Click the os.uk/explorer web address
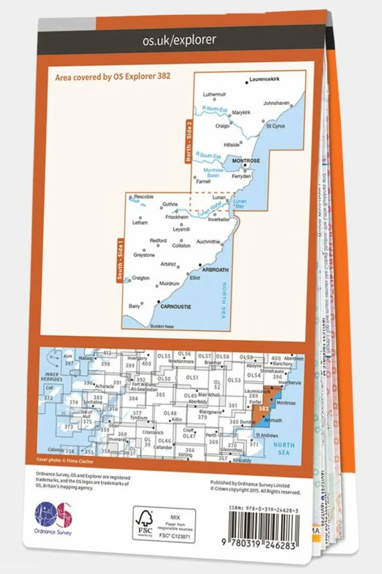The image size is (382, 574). (x=179, y=40)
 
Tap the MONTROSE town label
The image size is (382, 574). (x=246, y=160)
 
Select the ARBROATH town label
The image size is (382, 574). (x=215, y=270)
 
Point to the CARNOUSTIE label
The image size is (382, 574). (x=176, y=307)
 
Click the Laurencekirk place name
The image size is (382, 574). (x=264, y=79)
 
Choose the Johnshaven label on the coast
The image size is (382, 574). (x=276, y=103)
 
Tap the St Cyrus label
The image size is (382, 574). (x=276, y=126)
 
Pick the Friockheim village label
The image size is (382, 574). (x=177, y=217)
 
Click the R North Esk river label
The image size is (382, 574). (x=215, y=109)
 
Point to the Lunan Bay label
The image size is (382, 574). (x=240, y=204)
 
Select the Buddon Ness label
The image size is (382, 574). (x=162, y=326)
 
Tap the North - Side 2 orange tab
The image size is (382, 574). (x=189, y=142)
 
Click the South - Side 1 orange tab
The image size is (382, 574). (x=120, y=259)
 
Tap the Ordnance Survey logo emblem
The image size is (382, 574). (x=53, y=515)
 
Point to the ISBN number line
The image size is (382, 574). (x=264, y=510)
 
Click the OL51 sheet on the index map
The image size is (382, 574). (x=192, y=377)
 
